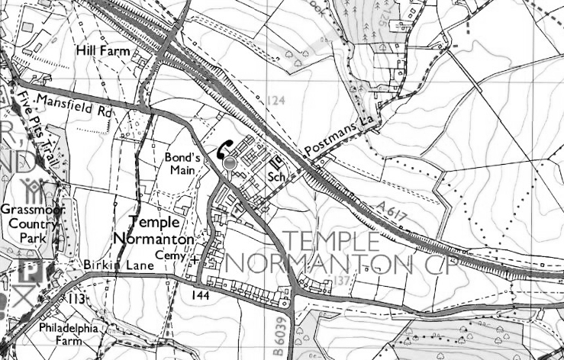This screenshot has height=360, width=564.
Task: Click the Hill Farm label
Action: [102, 51]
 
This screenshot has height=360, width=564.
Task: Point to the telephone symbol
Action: [224, 148]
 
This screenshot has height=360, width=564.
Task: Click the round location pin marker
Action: [230, 164]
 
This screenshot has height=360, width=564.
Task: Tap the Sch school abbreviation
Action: [276, 177]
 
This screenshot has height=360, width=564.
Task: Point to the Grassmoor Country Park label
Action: [33, 227]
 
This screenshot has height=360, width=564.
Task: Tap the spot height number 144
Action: [201, 294]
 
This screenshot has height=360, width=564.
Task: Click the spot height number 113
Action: [78, 297]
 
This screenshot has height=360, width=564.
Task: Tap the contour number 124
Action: [276, 100]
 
